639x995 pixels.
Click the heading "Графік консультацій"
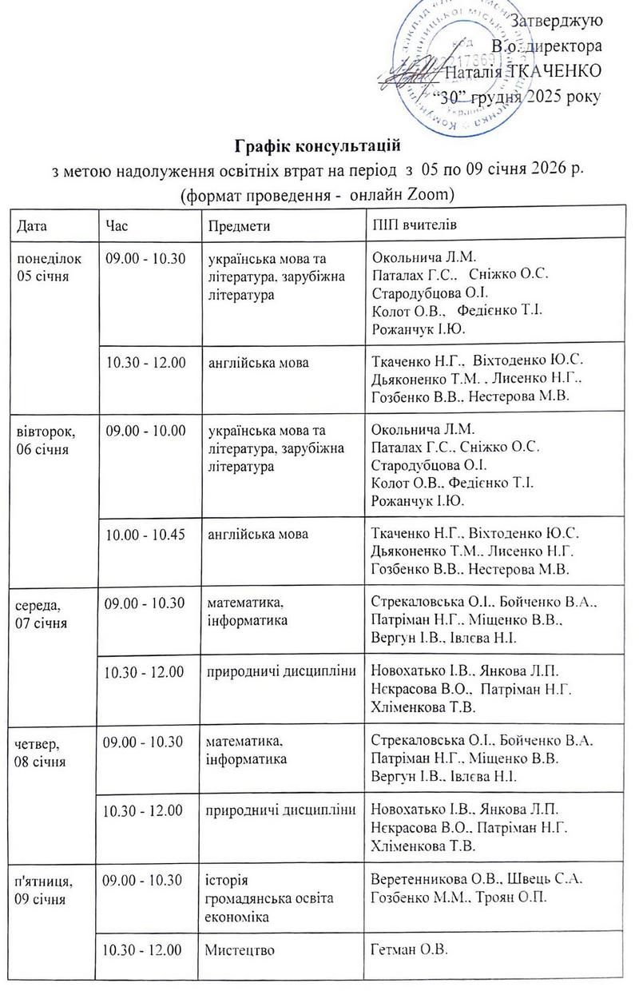click(317, 147)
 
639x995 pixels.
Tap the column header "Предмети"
click(239, 225)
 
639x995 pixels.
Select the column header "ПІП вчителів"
click(415, 225)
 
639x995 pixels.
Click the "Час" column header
click(117, 225)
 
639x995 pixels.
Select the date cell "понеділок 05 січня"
click(46, 267)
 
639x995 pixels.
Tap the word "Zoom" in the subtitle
click(430, 194)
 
